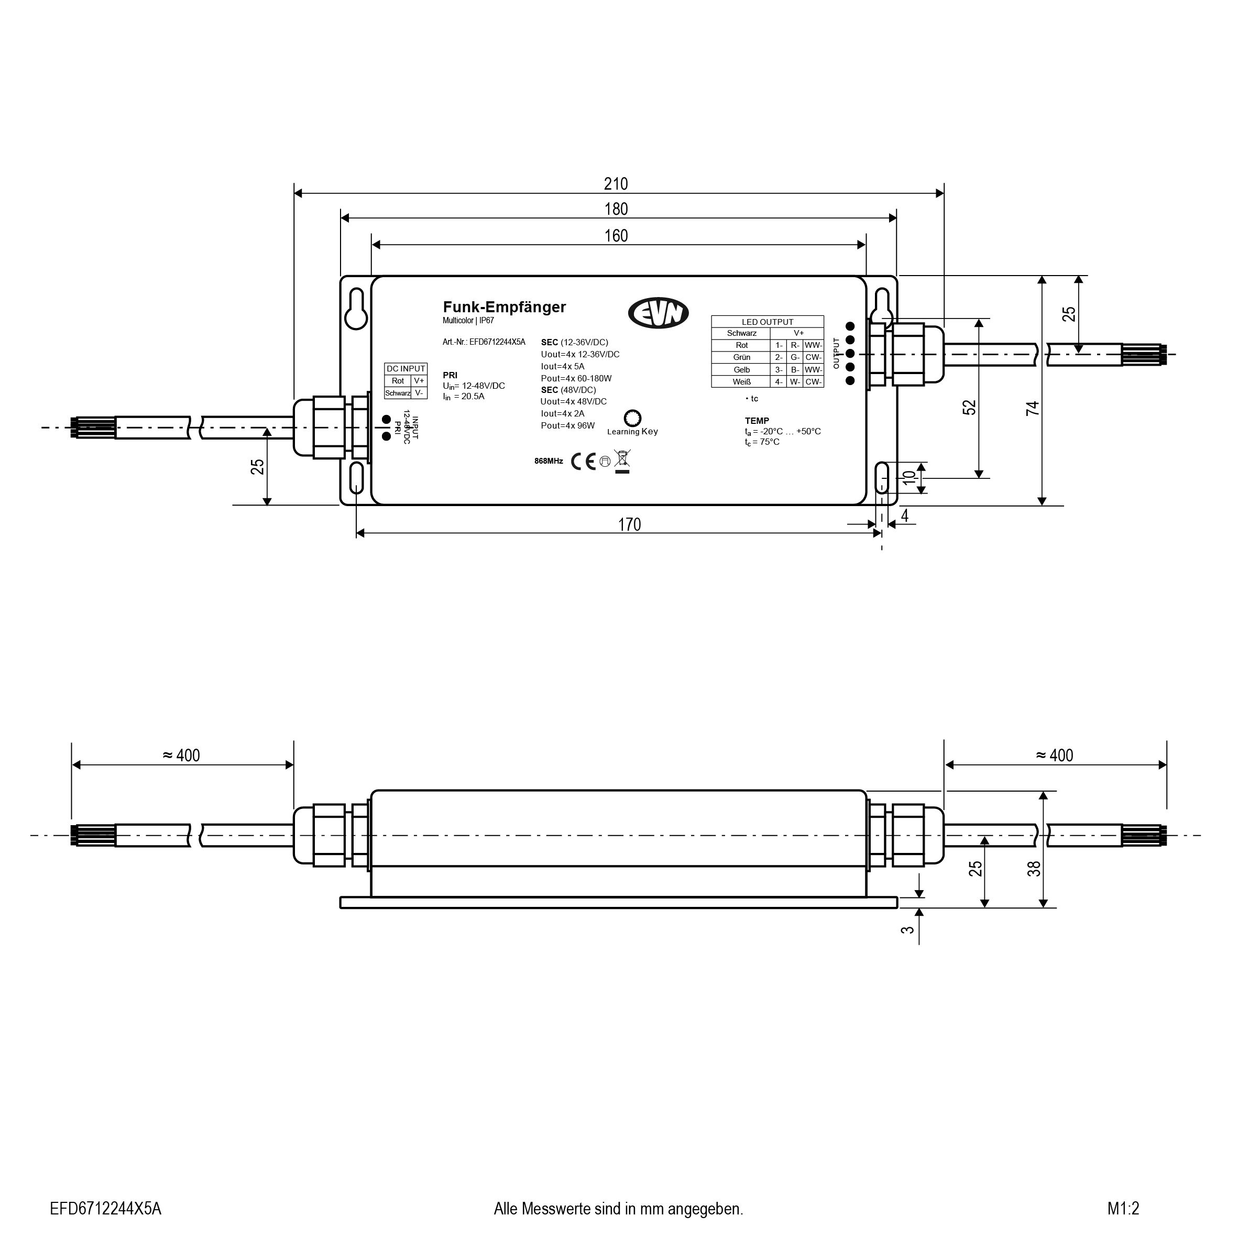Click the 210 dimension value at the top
coord(616,184)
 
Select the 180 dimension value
coord(616,210)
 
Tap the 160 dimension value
coord(616,236)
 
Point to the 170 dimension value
coord(629,525)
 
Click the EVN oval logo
coord(658,313)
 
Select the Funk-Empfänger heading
coord(505,307)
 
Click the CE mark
coord(583,462)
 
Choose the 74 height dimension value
coord(1032,408)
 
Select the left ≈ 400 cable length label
coord(181,755)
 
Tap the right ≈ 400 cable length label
coord(1055,755)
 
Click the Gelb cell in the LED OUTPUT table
coord(741,370)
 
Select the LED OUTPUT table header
coord(767,322)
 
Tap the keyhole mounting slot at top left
coord(356,309)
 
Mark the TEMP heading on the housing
coord(757,421)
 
